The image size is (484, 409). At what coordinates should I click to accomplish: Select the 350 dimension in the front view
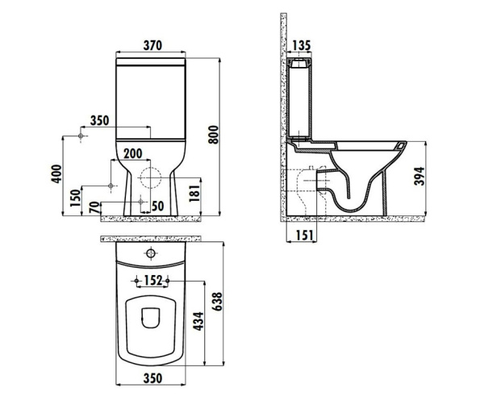tap(100, 121)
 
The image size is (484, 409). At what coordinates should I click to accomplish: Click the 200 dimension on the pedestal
tap(133, 153)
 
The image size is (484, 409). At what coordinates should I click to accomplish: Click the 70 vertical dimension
tap(94, 208)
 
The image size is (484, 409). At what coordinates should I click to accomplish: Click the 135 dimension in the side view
tap(301, 44)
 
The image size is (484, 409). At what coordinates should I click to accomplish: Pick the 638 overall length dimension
tap(215, 303)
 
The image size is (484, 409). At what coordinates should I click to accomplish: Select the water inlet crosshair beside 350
tap(81, 137)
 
